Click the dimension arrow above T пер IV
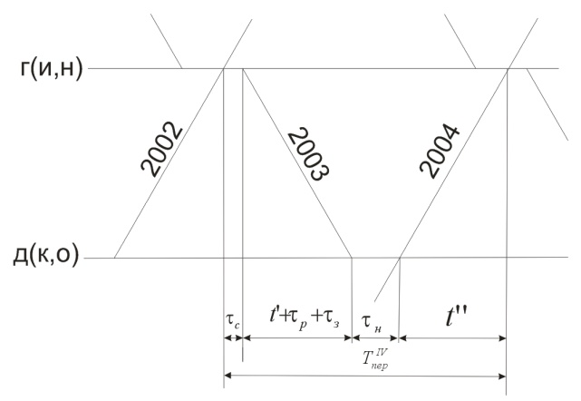(x=363, y=375)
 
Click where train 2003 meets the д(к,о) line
(x=352, y=258)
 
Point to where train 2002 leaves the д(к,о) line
(x=115, y=258)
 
